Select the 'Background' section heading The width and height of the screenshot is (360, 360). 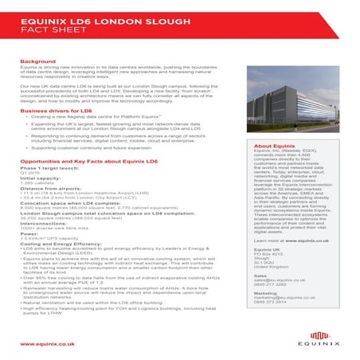click(38, 61)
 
